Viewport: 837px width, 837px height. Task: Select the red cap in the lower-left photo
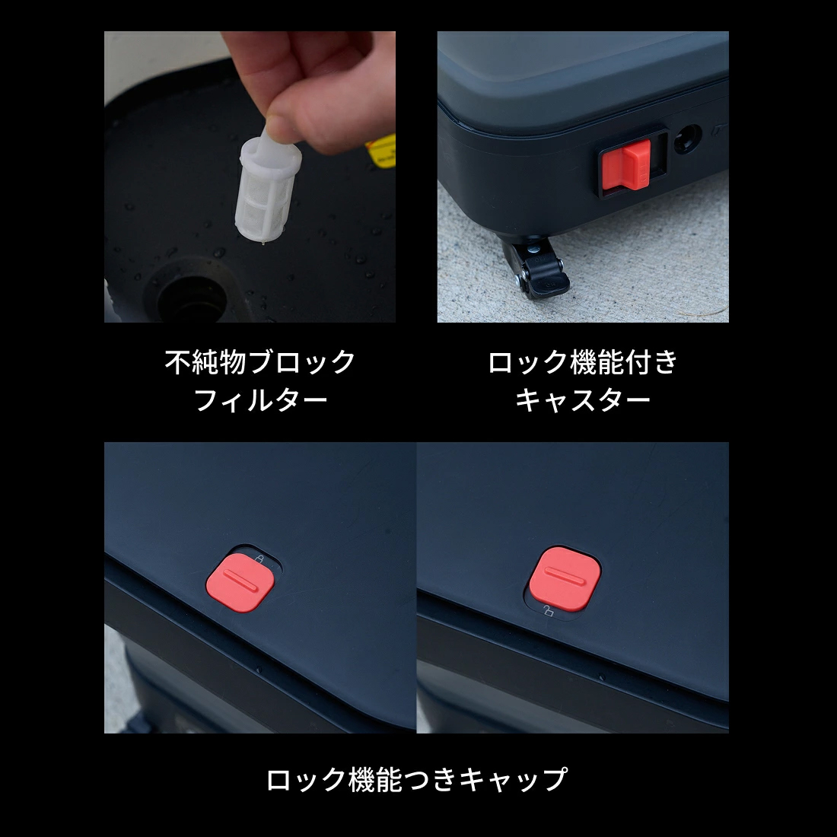coord(239,582)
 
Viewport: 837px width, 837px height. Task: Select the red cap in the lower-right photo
coord(565,576)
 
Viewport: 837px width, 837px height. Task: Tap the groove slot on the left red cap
coord(237,582)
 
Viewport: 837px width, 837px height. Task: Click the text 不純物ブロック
coord(260,362)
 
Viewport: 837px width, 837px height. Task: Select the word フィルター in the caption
coord(260,400)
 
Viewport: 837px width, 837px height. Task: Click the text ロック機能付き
coord(582,362)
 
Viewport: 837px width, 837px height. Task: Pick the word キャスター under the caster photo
coord(582,400)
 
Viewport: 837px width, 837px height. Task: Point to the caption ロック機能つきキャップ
coord(417,780)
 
